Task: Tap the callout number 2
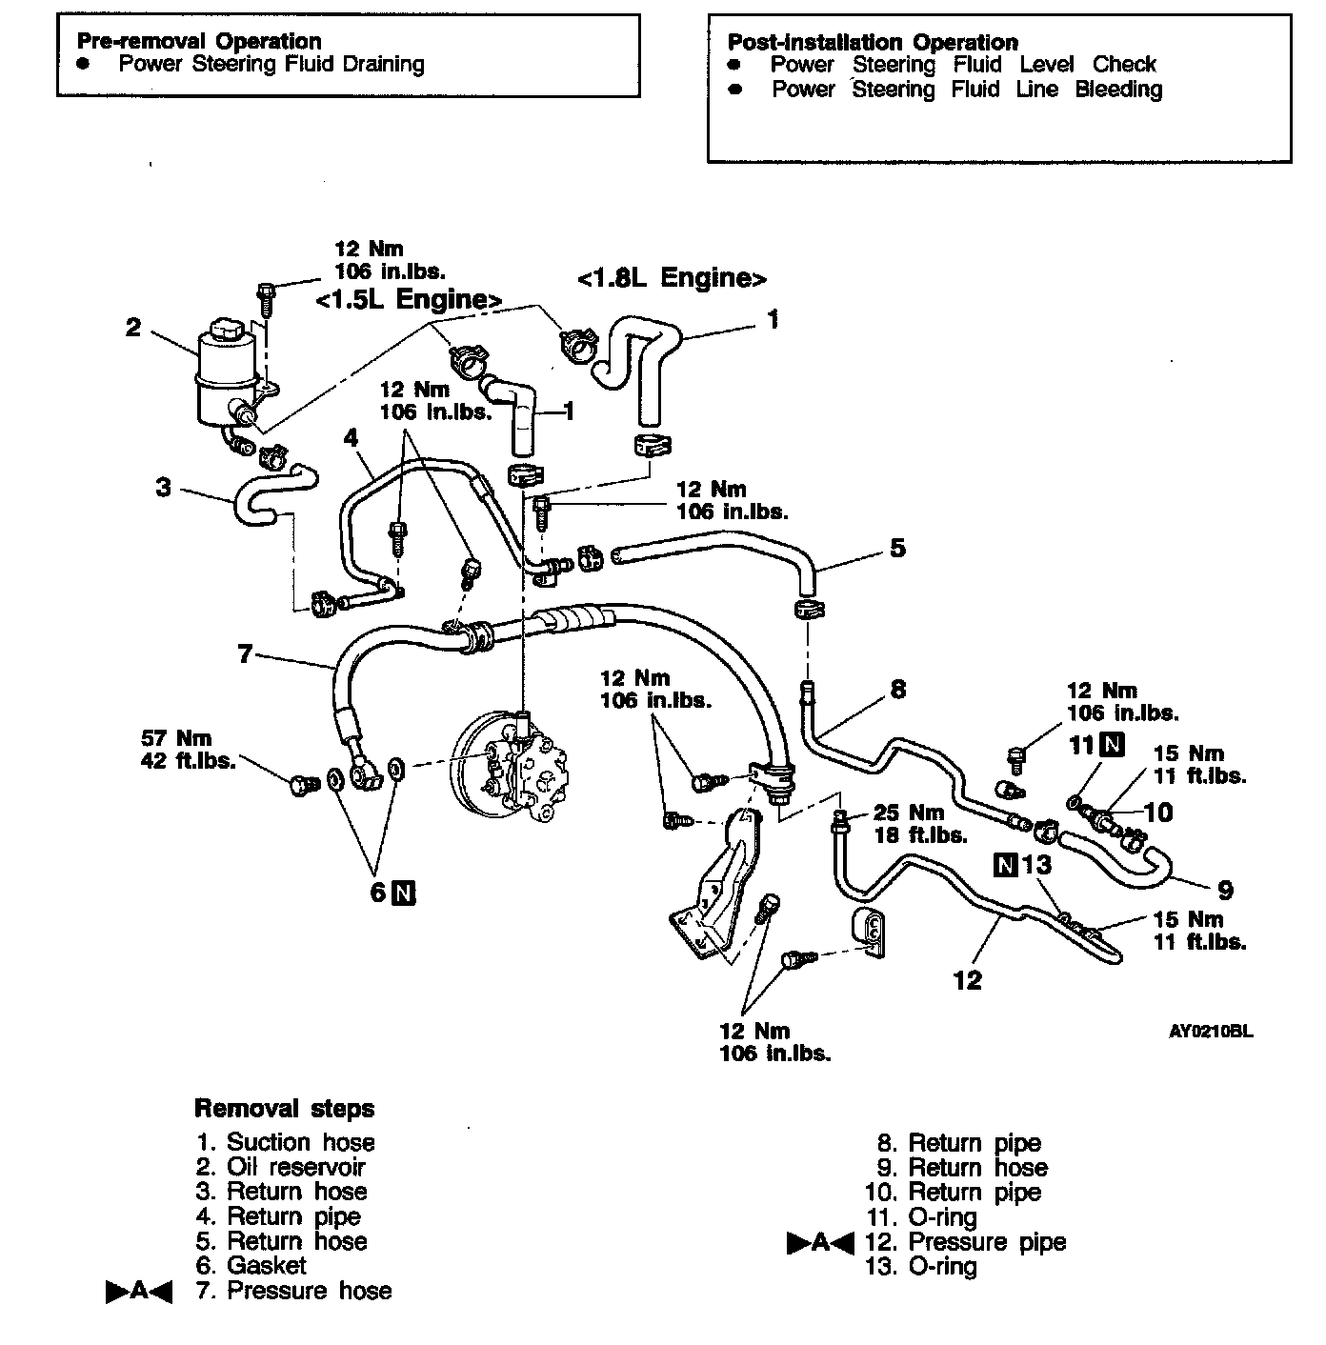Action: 133,328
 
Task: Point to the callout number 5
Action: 897,549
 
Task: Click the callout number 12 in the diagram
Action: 967,979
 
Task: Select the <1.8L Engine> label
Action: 672,278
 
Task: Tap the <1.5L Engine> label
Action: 410,299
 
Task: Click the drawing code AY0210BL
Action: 1212,1032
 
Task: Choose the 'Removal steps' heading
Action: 284,1109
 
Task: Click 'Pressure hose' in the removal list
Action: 309,1291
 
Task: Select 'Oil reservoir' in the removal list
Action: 295,1167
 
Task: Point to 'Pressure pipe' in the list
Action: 987,1242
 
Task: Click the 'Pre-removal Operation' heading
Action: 198,41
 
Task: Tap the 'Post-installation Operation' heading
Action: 873,42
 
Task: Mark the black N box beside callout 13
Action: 1005,865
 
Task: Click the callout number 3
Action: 164,487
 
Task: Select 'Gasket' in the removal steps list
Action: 266,1266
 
